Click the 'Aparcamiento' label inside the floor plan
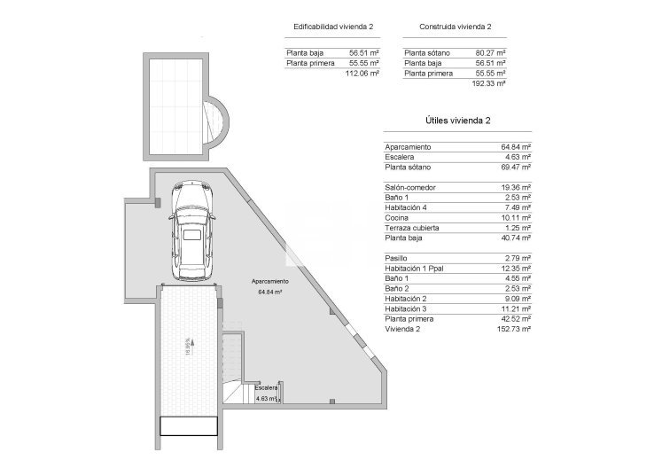tap(269, 282)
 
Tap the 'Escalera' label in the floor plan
tap(267, 388)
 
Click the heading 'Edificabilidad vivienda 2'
tap(333, 27)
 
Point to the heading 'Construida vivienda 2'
tap(455, 27)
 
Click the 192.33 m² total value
tap(489, 82)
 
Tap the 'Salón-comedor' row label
tap(410, 188)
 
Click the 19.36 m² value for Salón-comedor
tap(516, 188)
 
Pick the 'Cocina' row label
tap(397, 217)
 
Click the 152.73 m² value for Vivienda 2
tap(514, 328)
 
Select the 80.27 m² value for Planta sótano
tap(490, 53)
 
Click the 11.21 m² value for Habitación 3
tap(516, 308)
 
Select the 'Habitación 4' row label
tap(407, 207)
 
